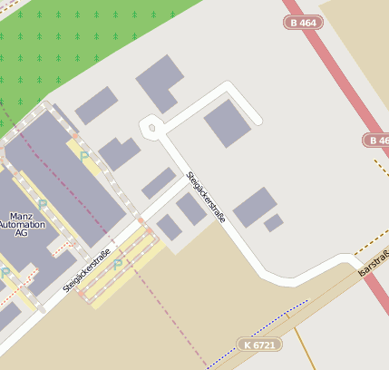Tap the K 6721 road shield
(260, 345)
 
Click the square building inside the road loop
(227, 122)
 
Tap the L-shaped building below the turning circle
(119, 153)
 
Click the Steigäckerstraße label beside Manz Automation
(87, 270)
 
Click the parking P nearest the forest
(84, 157)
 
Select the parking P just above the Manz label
(42, 204)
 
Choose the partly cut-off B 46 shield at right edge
(377, 141)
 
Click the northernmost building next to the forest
(160, 83)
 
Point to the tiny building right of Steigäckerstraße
(273, 222)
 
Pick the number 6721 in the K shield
(264, 345)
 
